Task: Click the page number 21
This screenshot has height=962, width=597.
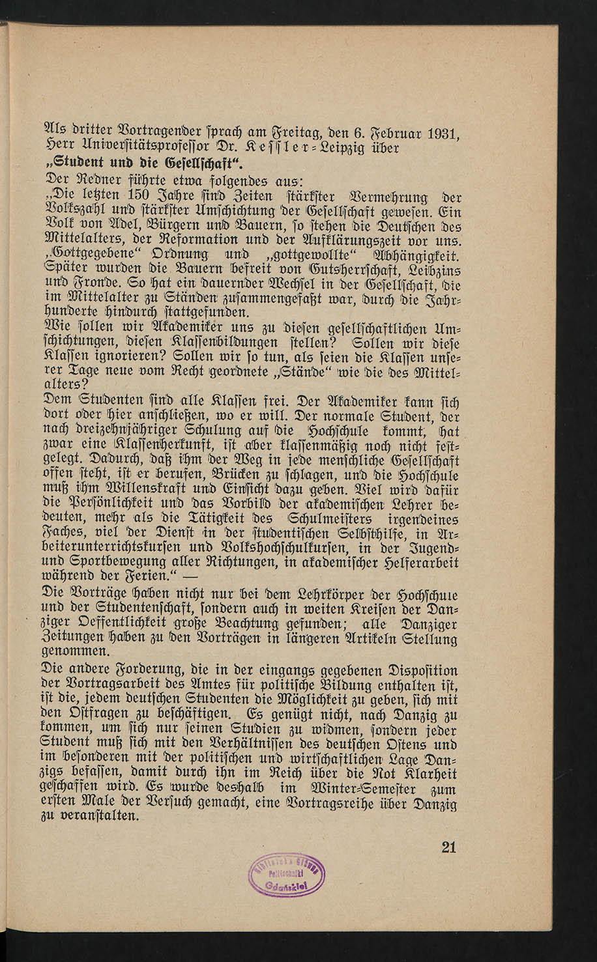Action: coord(449,847)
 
